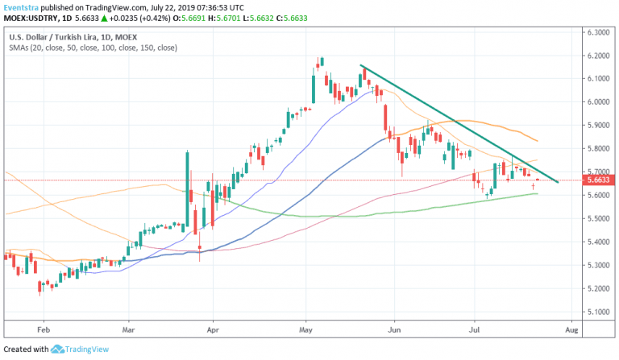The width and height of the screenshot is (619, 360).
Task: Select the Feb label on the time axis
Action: point(44,330)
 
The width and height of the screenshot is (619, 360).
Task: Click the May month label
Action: point(305,330)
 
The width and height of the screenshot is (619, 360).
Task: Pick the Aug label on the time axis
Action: point(571,330)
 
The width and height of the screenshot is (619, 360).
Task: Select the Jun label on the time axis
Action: point(394,330)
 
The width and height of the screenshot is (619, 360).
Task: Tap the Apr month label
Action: point(213,330)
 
